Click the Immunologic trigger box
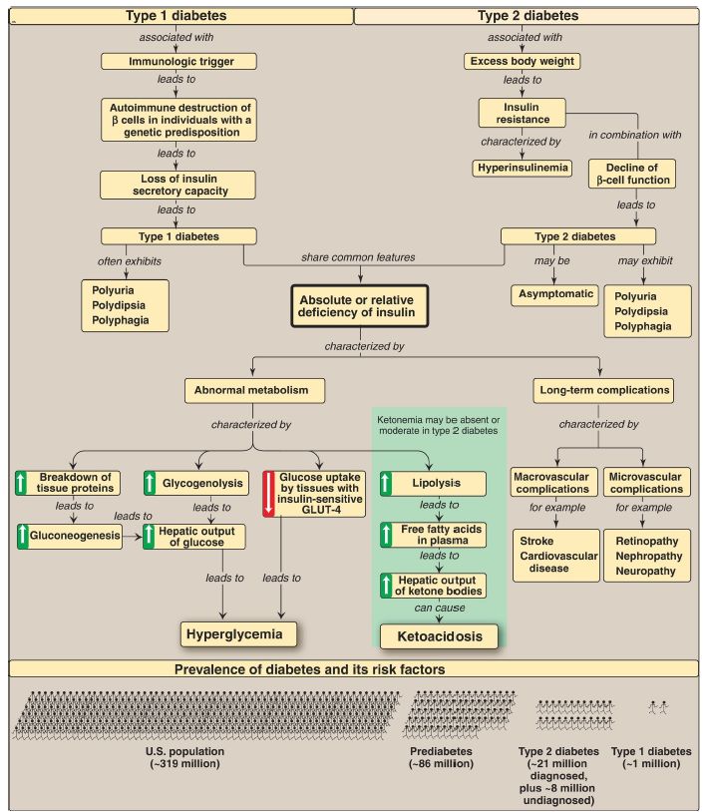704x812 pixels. [179, 62]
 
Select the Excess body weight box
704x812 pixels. [522, 62]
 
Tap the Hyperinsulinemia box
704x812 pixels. [522, 167]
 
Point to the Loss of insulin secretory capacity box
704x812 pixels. [179, 184]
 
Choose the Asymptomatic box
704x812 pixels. [555, 294]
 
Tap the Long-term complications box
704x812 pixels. [603, 389]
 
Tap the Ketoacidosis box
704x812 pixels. [441, 635]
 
